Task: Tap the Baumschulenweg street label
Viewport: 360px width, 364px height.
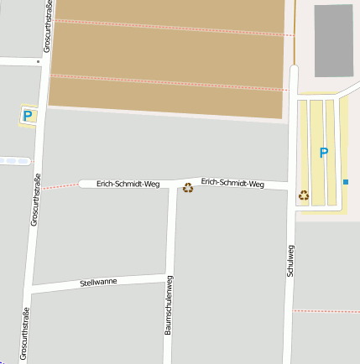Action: click(x=169, y=305)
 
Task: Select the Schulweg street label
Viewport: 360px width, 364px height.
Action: click(x=290, y=261)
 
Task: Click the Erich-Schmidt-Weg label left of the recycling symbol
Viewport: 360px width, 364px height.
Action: click(x=128, y=183)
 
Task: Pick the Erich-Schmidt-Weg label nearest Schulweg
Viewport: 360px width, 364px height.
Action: click(x=233, y=183)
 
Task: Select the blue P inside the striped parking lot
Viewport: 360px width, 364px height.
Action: click(x=323, y=153)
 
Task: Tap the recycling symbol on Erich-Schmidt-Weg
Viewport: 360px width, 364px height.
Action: click(x=188, y=188)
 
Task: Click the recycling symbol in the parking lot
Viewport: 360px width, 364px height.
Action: click(x=304, y=195)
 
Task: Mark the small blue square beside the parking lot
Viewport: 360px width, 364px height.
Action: click(x=345, y=182)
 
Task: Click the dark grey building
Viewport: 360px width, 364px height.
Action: click(x=333, y=39)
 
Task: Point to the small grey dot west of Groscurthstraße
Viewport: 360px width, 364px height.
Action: click(x=39, y=61)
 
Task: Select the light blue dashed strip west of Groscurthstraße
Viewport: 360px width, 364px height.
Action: click(x=15, y=161)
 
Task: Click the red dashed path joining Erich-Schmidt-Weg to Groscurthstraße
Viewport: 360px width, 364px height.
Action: click(x=60, y=186)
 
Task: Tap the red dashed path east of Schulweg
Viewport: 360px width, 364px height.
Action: click(x=326, y=311)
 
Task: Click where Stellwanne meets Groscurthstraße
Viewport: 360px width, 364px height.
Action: click(x=30, y=289)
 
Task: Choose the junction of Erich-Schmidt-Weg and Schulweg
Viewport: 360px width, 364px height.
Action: click(x=290, y=186)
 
